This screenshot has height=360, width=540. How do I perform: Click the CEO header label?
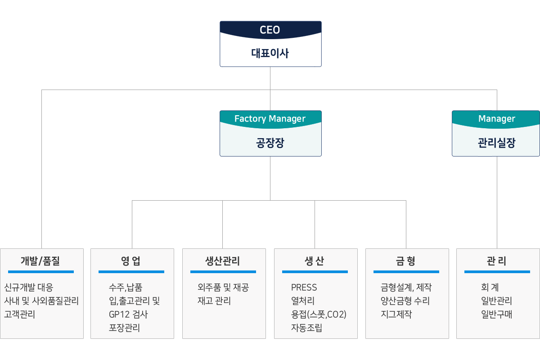point(270,30)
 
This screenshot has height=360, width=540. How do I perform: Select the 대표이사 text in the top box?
point(270,54)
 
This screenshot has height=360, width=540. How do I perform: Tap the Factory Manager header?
point(270,119)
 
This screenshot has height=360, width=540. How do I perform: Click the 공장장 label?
point(270,143)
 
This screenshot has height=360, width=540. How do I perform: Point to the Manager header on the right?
point(496,119)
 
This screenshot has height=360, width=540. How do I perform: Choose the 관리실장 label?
point(496,143)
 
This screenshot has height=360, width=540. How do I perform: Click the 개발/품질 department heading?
point(40,261)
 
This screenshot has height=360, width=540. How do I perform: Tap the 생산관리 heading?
point(223,261)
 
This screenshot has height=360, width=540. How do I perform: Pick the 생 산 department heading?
point(315,261)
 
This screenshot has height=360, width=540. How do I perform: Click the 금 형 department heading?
point(406,261)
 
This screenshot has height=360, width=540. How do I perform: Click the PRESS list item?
point(304,288)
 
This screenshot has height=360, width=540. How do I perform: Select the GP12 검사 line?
point(128,315)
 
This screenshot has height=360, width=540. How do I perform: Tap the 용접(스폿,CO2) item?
point(319,315)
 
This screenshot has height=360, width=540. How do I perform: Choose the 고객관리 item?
point(20,315)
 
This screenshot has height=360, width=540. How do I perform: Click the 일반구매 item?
point(496,315)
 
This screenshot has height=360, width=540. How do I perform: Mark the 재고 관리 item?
point(214,301)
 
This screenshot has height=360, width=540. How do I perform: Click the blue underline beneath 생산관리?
point(223,272)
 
